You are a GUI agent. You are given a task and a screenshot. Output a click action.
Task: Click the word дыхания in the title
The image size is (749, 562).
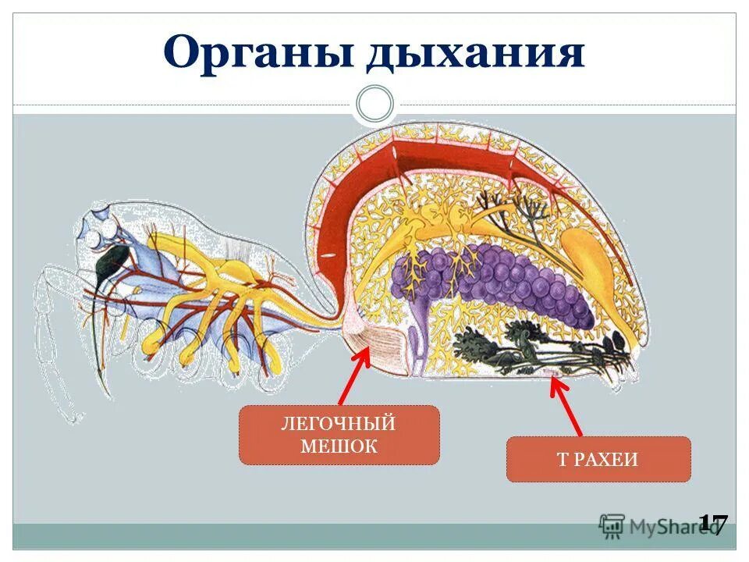[476, 53]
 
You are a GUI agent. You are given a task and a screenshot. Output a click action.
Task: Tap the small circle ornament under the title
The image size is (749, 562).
[375, 104]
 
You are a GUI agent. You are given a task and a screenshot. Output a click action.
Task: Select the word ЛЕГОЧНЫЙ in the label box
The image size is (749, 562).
[339, 424]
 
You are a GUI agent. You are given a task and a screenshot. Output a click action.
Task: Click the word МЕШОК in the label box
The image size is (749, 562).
[339, 446]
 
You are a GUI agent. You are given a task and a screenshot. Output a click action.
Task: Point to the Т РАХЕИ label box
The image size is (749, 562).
[598, 459]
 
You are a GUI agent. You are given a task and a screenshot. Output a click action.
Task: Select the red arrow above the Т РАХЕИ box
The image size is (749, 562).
[567, 406]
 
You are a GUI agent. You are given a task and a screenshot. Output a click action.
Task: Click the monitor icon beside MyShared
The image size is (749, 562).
[612, 525]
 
